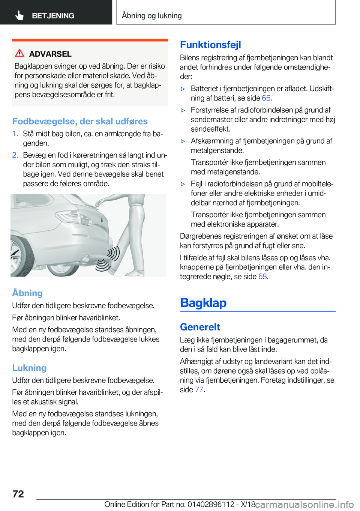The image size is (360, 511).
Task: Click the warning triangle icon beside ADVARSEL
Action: (x=19, y=53)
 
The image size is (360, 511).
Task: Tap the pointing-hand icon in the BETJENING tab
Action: (x=19, y=15)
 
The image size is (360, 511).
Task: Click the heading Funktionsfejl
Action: (x=210, y=45)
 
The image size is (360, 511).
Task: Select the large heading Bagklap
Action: (x=203, y=302)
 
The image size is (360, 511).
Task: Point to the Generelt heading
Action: (x=200, y=327)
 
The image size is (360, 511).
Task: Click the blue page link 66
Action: (x=266, y=98)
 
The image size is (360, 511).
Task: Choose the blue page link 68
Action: (x=262, y=277)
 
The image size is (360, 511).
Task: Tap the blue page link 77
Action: (x=199, y=389)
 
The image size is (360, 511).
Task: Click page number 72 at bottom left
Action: (x=18, y=494)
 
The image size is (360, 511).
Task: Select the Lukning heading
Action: (x=29, y=368)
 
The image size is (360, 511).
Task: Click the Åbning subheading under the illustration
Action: (x=27, y=293)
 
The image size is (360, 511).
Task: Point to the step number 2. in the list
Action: (x=15, y=155)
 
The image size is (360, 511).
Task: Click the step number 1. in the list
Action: (x=15, y=134)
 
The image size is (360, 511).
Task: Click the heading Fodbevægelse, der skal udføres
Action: (x=80, y=121)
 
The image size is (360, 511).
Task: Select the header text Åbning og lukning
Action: (x=152, y=15)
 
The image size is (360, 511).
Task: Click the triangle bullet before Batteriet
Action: (x=183, y=89)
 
